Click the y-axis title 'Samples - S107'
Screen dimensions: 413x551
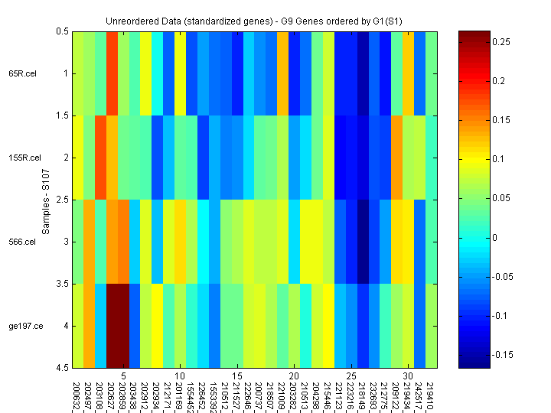(x=45, y=200)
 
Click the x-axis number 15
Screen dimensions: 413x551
(x=238, y=377)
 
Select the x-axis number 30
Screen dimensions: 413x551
(x=409, y=377)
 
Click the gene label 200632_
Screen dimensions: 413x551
(x=77, y=396)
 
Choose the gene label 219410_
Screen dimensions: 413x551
(x=432, y=396)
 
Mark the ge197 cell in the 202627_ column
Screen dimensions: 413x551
(x=112, y=326)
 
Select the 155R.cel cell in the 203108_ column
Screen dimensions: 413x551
(x=100, y=158)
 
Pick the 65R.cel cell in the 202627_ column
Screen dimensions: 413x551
(x=112, y=73)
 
